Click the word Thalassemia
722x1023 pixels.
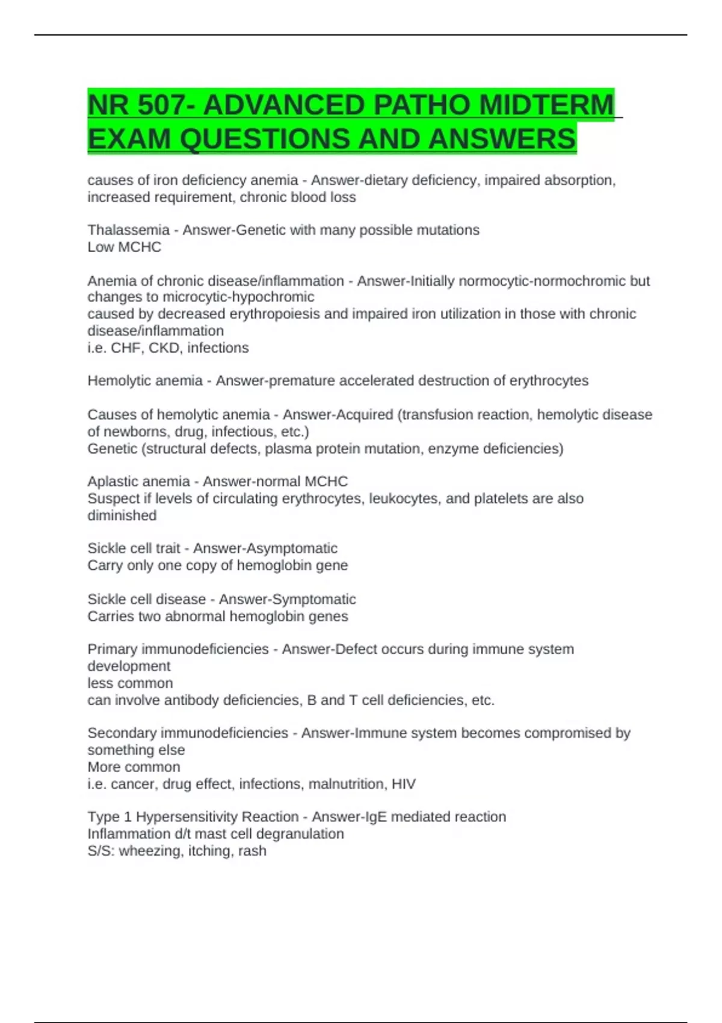click(x=128, y=230)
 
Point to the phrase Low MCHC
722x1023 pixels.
click(x=124, y=247)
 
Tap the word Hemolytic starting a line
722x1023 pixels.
click(x=119, y=381)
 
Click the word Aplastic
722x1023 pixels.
click(x=113, y=481)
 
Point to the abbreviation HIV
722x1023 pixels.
click(x=403, y=784)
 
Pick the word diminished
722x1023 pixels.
click(x=122, y=516)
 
